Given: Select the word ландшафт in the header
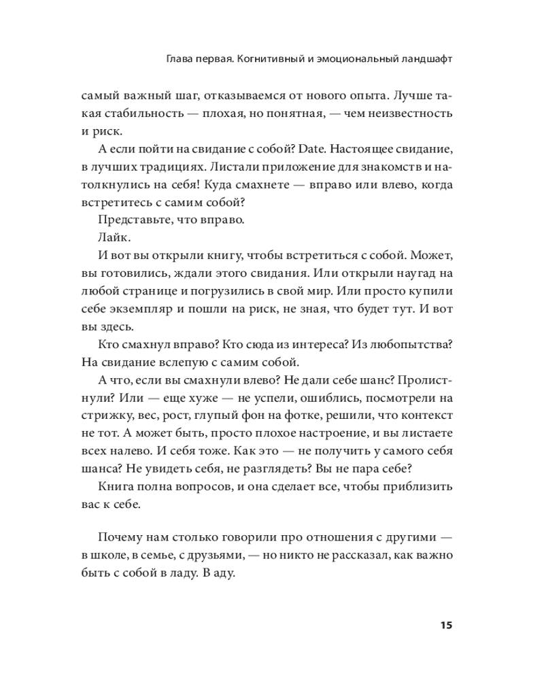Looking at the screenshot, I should tap(427, 59).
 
